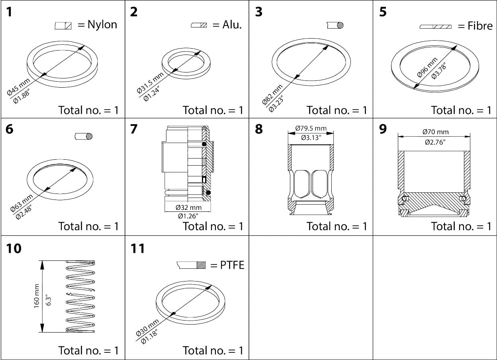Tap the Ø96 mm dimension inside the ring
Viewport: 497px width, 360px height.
tap(427, 67)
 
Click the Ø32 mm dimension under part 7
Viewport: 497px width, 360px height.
tap(188, 207)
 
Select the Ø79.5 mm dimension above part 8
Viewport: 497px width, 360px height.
tap(311, 129)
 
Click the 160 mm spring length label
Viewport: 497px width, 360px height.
tap(37, 296)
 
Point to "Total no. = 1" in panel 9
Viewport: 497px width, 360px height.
tap(461, 226)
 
